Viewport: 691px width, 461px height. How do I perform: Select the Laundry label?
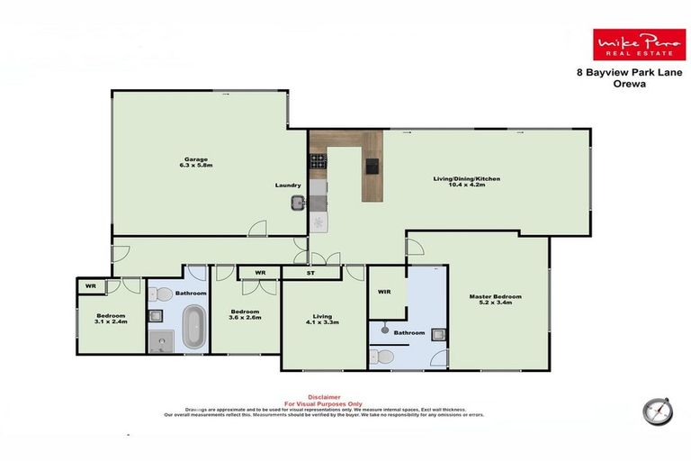(x=287, y=185)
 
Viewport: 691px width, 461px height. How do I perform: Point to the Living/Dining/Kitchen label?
(x=465, y=182)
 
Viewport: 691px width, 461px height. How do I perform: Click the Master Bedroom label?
(x=495, y=300)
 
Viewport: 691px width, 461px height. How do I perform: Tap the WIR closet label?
(x=384, y=291)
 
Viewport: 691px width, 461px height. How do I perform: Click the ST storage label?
(x=311, y=271)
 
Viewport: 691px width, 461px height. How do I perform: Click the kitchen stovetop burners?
(x=319, y=162)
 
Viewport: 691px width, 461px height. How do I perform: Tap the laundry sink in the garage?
(x=298, y=203)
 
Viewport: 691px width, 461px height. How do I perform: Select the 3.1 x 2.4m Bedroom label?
(x=112, y=318)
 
